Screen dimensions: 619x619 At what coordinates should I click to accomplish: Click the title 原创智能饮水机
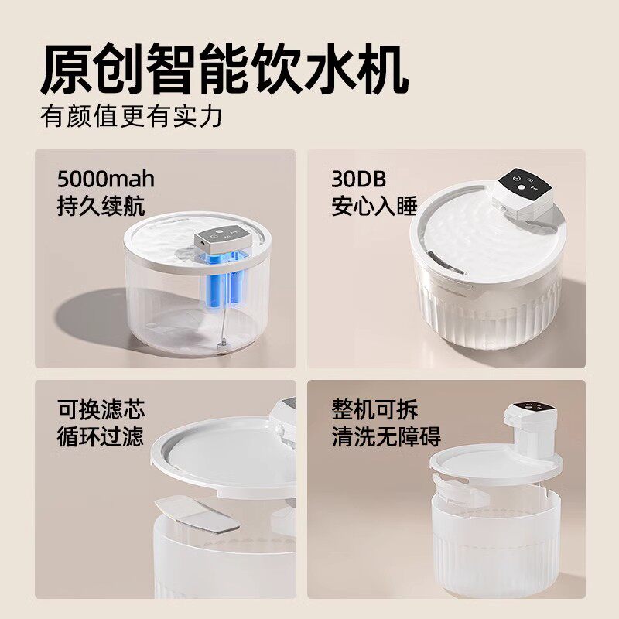(x=224, y=70)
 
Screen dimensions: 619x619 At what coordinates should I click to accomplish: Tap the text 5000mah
(x=106, y=180)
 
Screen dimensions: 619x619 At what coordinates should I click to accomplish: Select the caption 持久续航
(x=101, y=207)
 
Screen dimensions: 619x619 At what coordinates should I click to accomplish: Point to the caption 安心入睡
(x=374, y=207)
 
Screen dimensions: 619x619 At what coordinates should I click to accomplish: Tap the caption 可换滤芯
(x=101, y=409)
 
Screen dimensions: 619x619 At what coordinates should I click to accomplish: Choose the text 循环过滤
(x=101, y=436)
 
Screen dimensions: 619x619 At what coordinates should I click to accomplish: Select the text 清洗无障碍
(x=386, y=436)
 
